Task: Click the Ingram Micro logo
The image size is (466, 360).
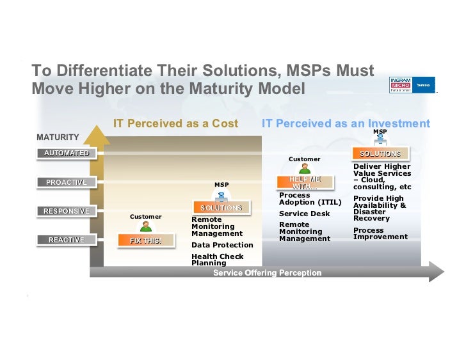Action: pyautogui.click(x=412, y=84)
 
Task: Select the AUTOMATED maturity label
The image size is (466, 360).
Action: pyautogui.click(x=67, y=153)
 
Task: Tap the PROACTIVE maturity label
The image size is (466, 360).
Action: pyautogui.click(x=66, y=182)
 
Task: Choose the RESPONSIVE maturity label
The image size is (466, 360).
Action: pyautogui.click(x=66, y=211)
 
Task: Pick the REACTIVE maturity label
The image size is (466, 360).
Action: pyautogui.click(x=66, y=240)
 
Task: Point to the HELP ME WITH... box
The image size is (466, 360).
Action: pyautogui.click(x=305, y=183)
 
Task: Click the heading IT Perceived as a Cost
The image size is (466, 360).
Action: pyautogui.click(x=175, y=123)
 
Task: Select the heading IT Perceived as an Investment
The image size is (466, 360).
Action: pyautogui.click(x=346, y=123)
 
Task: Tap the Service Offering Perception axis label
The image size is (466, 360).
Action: pyautogui.click(x=267, y=273)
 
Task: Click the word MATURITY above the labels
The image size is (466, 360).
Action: pyautogui.click(x=58, y=137)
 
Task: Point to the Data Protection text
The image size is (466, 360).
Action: pyautogui.click(x=222, y=245)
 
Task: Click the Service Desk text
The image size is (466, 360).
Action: pyautogui.click(x=304, y=214)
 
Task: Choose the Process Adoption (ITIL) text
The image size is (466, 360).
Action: pyautogui.click(x=310, y=199)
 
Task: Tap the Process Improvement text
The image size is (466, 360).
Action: pyautogui.click(x=380, y=233)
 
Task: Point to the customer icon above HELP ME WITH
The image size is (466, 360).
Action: pyautogui.click(x=305, y=168)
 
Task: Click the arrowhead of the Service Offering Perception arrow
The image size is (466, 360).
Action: pyautogui.click(x=436, y=271)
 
